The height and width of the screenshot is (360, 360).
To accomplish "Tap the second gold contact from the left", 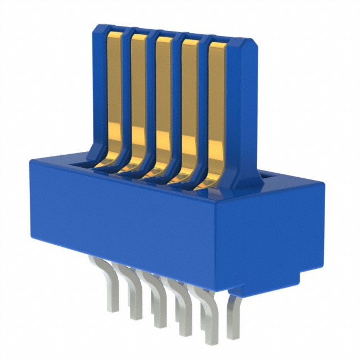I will tap(138, 101).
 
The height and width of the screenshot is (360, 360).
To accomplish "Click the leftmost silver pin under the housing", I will tap(111, 287).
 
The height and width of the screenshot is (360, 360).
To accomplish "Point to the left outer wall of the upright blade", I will tap(97, 90).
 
